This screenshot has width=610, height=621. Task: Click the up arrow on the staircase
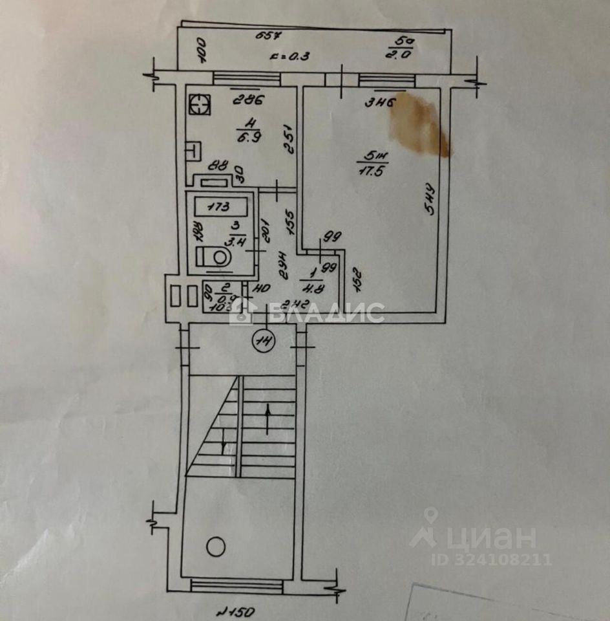click(267, 409)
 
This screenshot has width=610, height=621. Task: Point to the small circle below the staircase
click(215, 547)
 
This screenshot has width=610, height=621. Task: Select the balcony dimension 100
click(200, 50)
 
